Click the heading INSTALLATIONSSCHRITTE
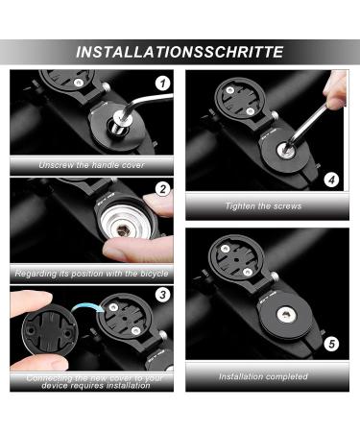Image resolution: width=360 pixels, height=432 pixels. (180, 52)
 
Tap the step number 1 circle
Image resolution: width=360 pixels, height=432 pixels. (163, 84)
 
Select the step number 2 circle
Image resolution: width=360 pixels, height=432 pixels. (163, 189)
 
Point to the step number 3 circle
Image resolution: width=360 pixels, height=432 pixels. (163, 295)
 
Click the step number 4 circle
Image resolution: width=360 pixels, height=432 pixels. (331, 180)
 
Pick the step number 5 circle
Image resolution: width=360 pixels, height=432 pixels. (331, 344)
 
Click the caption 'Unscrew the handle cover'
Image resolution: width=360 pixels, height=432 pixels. (92, 165)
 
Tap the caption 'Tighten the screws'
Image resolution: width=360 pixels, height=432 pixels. (263, 206)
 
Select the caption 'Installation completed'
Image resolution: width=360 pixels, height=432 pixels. (263, 376)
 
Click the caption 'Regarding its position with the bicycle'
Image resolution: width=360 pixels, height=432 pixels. (91, 274)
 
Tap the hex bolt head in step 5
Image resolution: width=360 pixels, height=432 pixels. (284, 315)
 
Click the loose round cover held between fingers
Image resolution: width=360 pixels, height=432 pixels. (50, 332)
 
